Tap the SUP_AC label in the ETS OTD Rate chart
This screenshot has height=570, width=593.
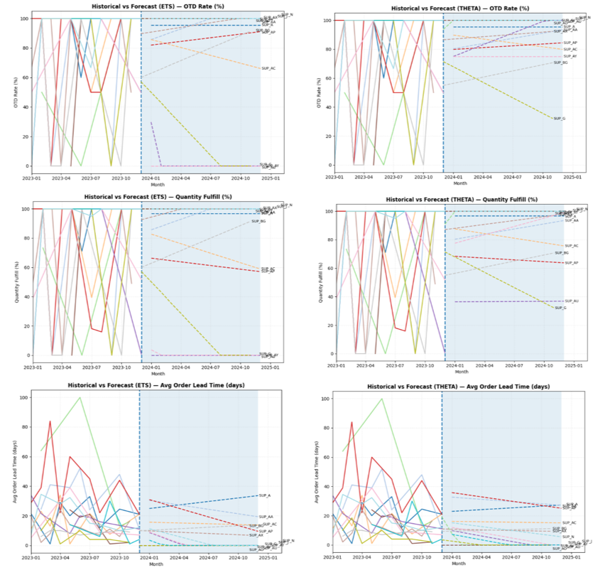(x=268, y=68)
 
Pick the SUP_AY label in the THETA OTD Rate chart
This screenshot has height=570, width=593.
(x=570, y=56)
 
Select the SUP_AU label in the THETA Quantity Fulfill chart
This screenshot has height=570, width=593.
(x=572, y=301)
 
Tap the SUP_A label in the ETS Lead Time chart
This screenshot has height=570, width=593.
(x=265, y=495)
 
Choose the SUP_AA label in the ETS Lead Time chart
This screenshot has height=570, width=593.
(x=266, y=517)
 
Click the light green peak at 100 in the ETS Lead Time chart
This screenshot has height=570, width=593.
(x=80, y=397)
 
